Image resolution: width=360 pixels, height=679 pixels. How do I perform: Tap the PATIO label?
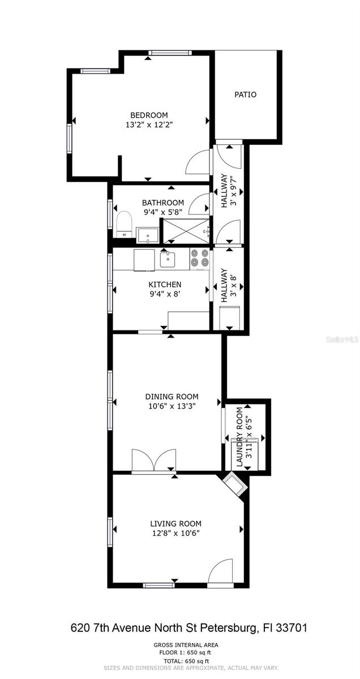point(245,94)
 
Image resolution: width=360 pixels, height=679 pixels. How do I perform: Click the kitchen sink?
point(168,259)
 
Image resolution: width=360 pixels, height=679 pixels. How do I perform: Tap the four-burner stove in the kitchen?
point(200,259)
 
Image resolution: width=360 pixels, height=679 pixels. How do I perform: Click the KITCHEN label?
point(165,284)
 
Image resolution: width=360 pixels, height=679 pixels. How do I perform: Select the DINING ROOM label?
point(172,397)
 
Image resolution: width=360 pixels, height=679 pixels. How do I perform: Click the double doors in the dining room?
point(153,460)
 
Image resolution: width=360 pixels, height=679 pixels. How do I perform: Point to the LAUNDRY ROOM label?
point(239,437)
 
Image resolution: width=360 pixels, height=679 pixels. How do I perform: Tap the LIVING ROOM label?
point(175,523)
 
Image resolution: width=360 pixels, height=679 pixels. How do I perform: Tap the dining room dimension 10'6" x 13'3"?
point(172,406)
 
